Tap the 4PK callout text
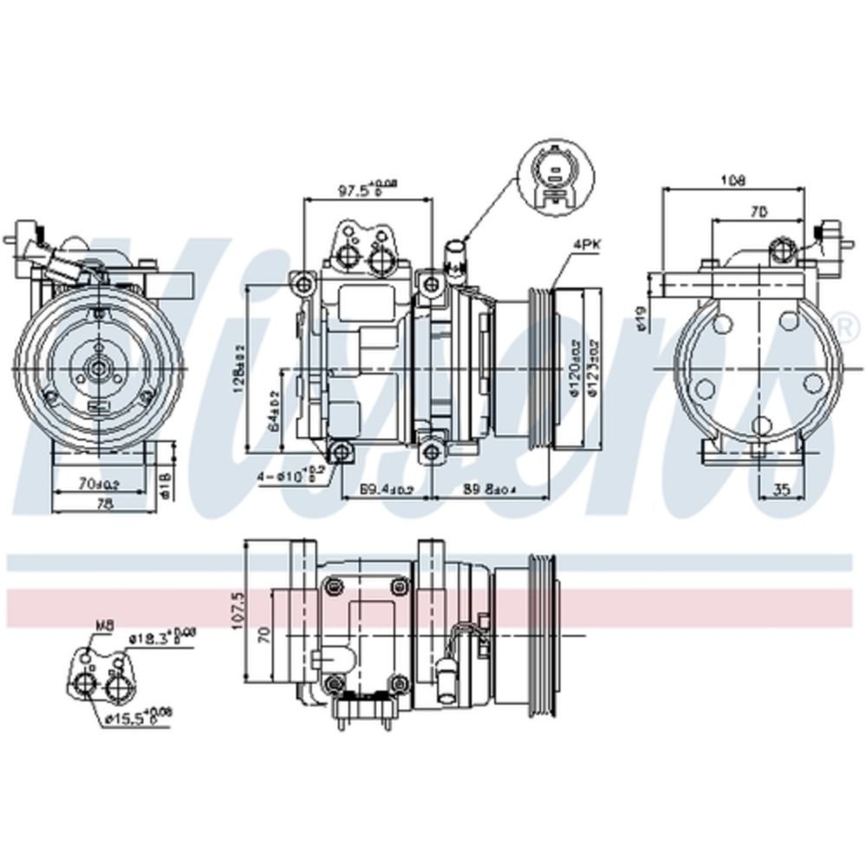tap(586, 245)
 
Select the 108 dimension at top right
tap(733, 180)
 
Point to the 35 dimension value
tap(781, 490)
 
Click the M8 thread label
tap(104, 625)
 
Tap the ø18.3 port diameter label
tap(153, 638)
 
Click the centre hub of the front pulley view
tap(99, 369)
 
